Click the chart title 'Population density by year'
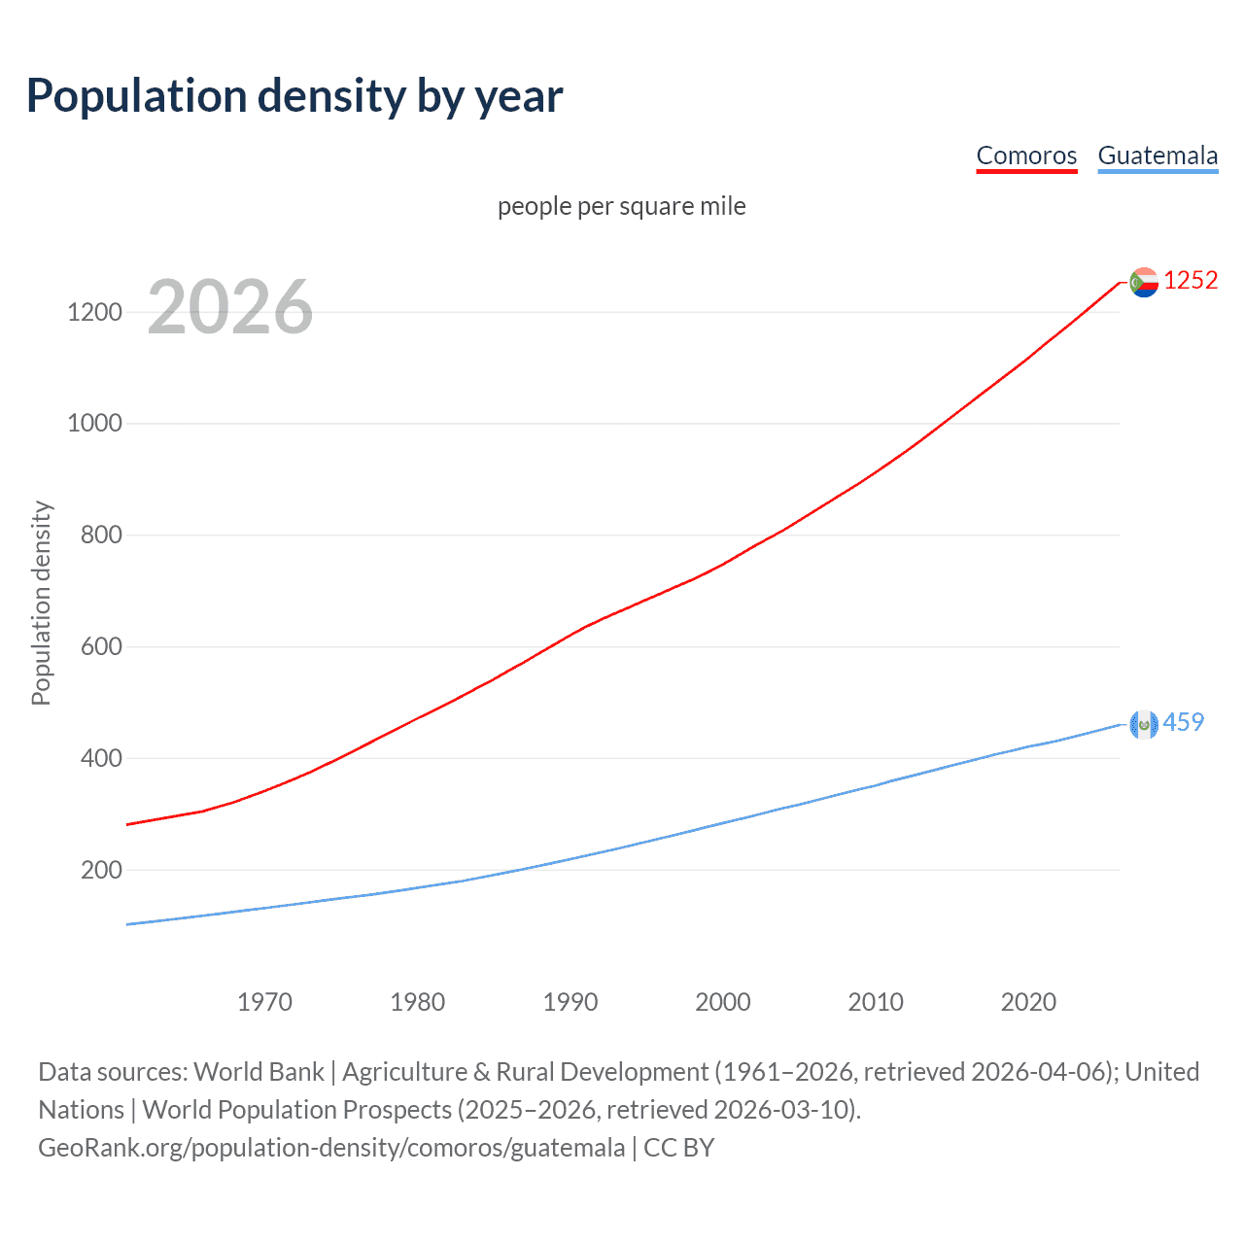pyautogui.click(x=294, y=95)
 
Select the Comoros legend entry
pyautogui.click(x=1026, y=155)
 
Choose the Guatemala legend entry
pyautogui.click(x=1158, y=155)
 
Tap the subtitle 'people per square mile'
pyautogui.click(x=621, y=206)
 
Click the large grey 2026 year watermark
pyautogui.click(x=230, y=307)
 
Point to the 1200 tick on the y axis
pyautogui.click(x=94, y=312)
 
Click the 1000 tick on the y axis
pyautogui.click(x=94, y=424)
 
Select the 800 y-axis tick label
pyautogui.click(x=101, y=535)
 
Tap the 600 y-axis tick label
pyautogui.click(x=101, y=646)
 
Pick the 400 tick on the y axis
pyautogui.click(x=101, y=758)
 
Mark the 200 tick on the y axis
pyautogui.click(x=101, y=870)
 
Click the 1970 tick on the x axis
pyautogui.click(x=264, y=1002)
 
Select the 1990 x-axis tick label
pyautogui.click(x=570, y=1002)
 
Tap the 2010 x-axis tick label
pyautogui.click(x=876, y=1002)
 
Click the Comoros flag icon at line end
pyautogui.click(x=1144, y=282)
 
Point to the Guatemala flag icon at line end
pyautogui.click(x=1144, y=723)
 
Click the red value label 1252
pyautogui.click(x=1191, y=281)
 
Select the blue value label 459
pyautogui.click(x=1184, y=722)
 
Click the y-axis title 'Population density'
pyautogui.click(x=41, y=603)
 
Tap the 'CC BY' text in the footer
pyautogui.click(x=678, y=1148)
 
